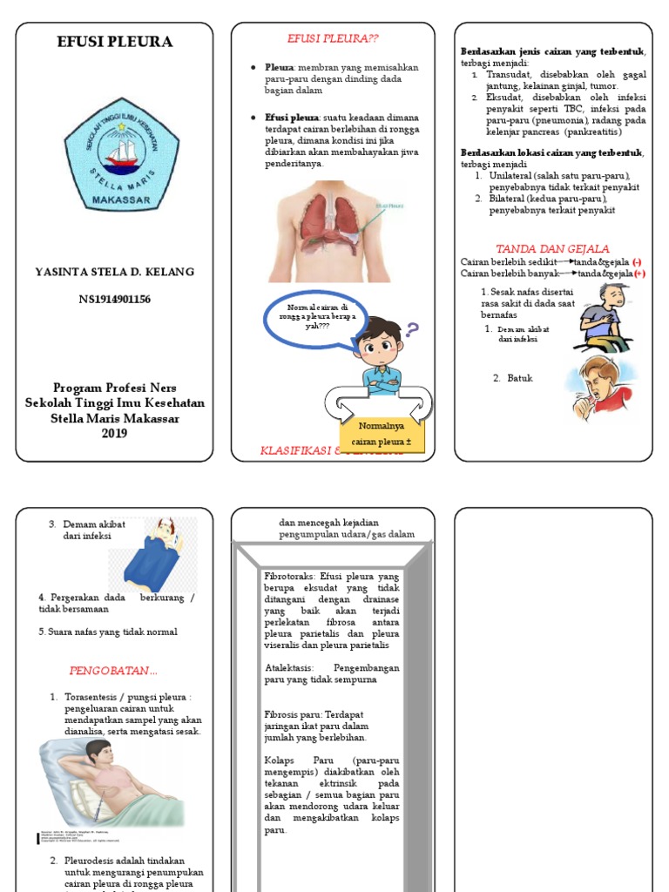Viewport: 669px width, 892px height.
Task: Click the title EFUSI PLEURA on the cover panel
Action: tap(115, 42)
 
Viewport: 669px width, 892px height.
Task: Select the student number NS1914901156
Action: tap(114, 300)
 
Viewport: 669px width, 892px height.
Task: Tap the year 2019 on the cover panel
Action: tap(114, 433)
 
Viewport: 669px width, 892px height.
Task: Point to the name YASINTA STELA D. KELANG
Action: tap(114, 272)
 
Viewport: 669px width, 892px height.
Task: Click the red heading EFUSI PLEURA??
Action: tap(333, 38)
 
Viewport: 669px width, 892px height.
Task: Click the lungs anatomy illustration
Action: tap(331, 231)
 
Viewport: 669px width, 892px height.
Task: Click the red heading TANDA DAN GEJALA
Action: tap(552, 248)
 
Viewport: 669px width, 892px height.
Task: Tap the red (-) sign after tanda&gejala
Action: tap(637, 261)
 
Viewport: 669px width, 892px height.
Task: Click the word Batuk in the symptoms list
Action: tap(520, 378)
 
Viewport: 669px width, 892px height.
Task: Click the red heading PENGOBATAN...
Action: tap(113, 671)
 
